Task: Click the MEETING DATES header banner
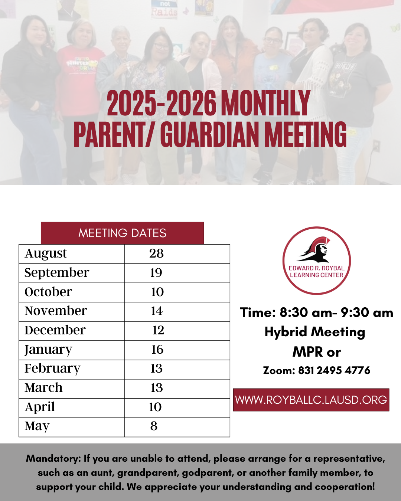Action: pos(122,233)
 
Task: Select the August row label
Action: pos(46,254)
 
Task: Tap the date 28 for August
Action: pos(156,253)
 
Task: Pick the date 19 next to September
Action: pos(156,273)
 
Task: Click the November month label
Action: pos(56,311)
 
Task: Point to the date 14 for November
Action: pos(157,311)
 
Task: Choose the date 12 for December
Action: pos(158,330)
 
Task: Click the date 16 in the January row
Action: pos(157,350)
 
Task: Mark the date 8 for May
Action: pos(154,426)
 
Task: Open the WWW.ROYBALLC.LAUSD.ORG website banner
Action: pos(311,400)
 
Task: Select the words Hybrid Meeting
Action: pos(315,332)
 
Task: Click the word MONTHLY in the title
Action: pos(265,103)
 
